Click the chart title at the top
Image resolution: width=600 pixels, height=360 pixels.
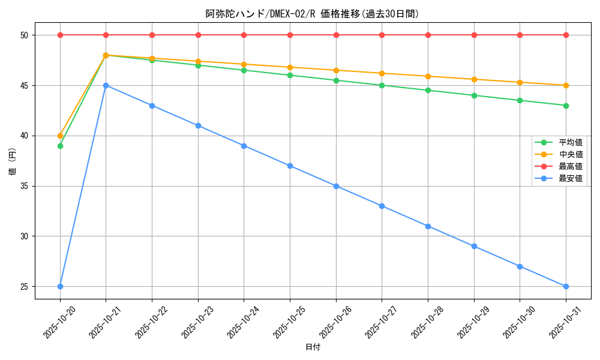pyautogui.click(x=312, y=14)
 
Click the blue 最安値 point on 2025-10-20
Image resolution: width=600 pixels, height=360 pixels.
pyautogui.click(x=60, y=286)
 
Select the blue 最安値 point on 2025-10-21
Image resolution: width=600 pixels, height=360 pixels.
pyautogui.click(x=106, y=85)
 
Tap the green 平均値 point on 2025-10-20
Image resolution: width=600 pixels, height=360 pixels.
pyautogui.click(x=60, y=146)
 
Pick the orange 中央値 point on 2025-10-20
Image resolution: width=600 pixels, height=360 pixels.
pyautogui.click(x=60, y=136)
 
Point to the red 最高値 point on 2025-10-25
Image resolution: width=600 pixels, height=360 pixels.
pyautogui.click(x=290, y=35)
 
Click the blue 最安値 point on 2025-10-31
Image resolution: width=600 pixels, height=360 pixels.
pyautogui.click(x=566, y=286)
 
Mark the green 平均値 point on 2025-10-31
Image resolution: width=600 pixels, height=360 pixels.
pyautogui.click(x=566, y=106)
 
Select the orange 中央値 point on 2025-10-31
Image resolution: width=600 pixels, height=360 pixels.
pyautogui.click(x=566, y=85)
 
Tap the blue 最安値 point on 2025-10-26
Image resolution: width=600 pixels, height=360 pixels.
pyautogui.click(x=336, y=186)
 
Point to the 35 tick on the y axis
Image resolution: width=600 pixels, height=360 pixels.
pyautogui.click(x=25, y=186)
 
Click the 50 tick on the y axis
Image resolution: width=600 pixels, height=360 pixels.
pyautogui.click(x=25, y=35)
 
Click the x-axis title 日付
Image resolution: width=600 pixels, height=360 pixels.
pyautogui.click(x=313, y=347)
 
